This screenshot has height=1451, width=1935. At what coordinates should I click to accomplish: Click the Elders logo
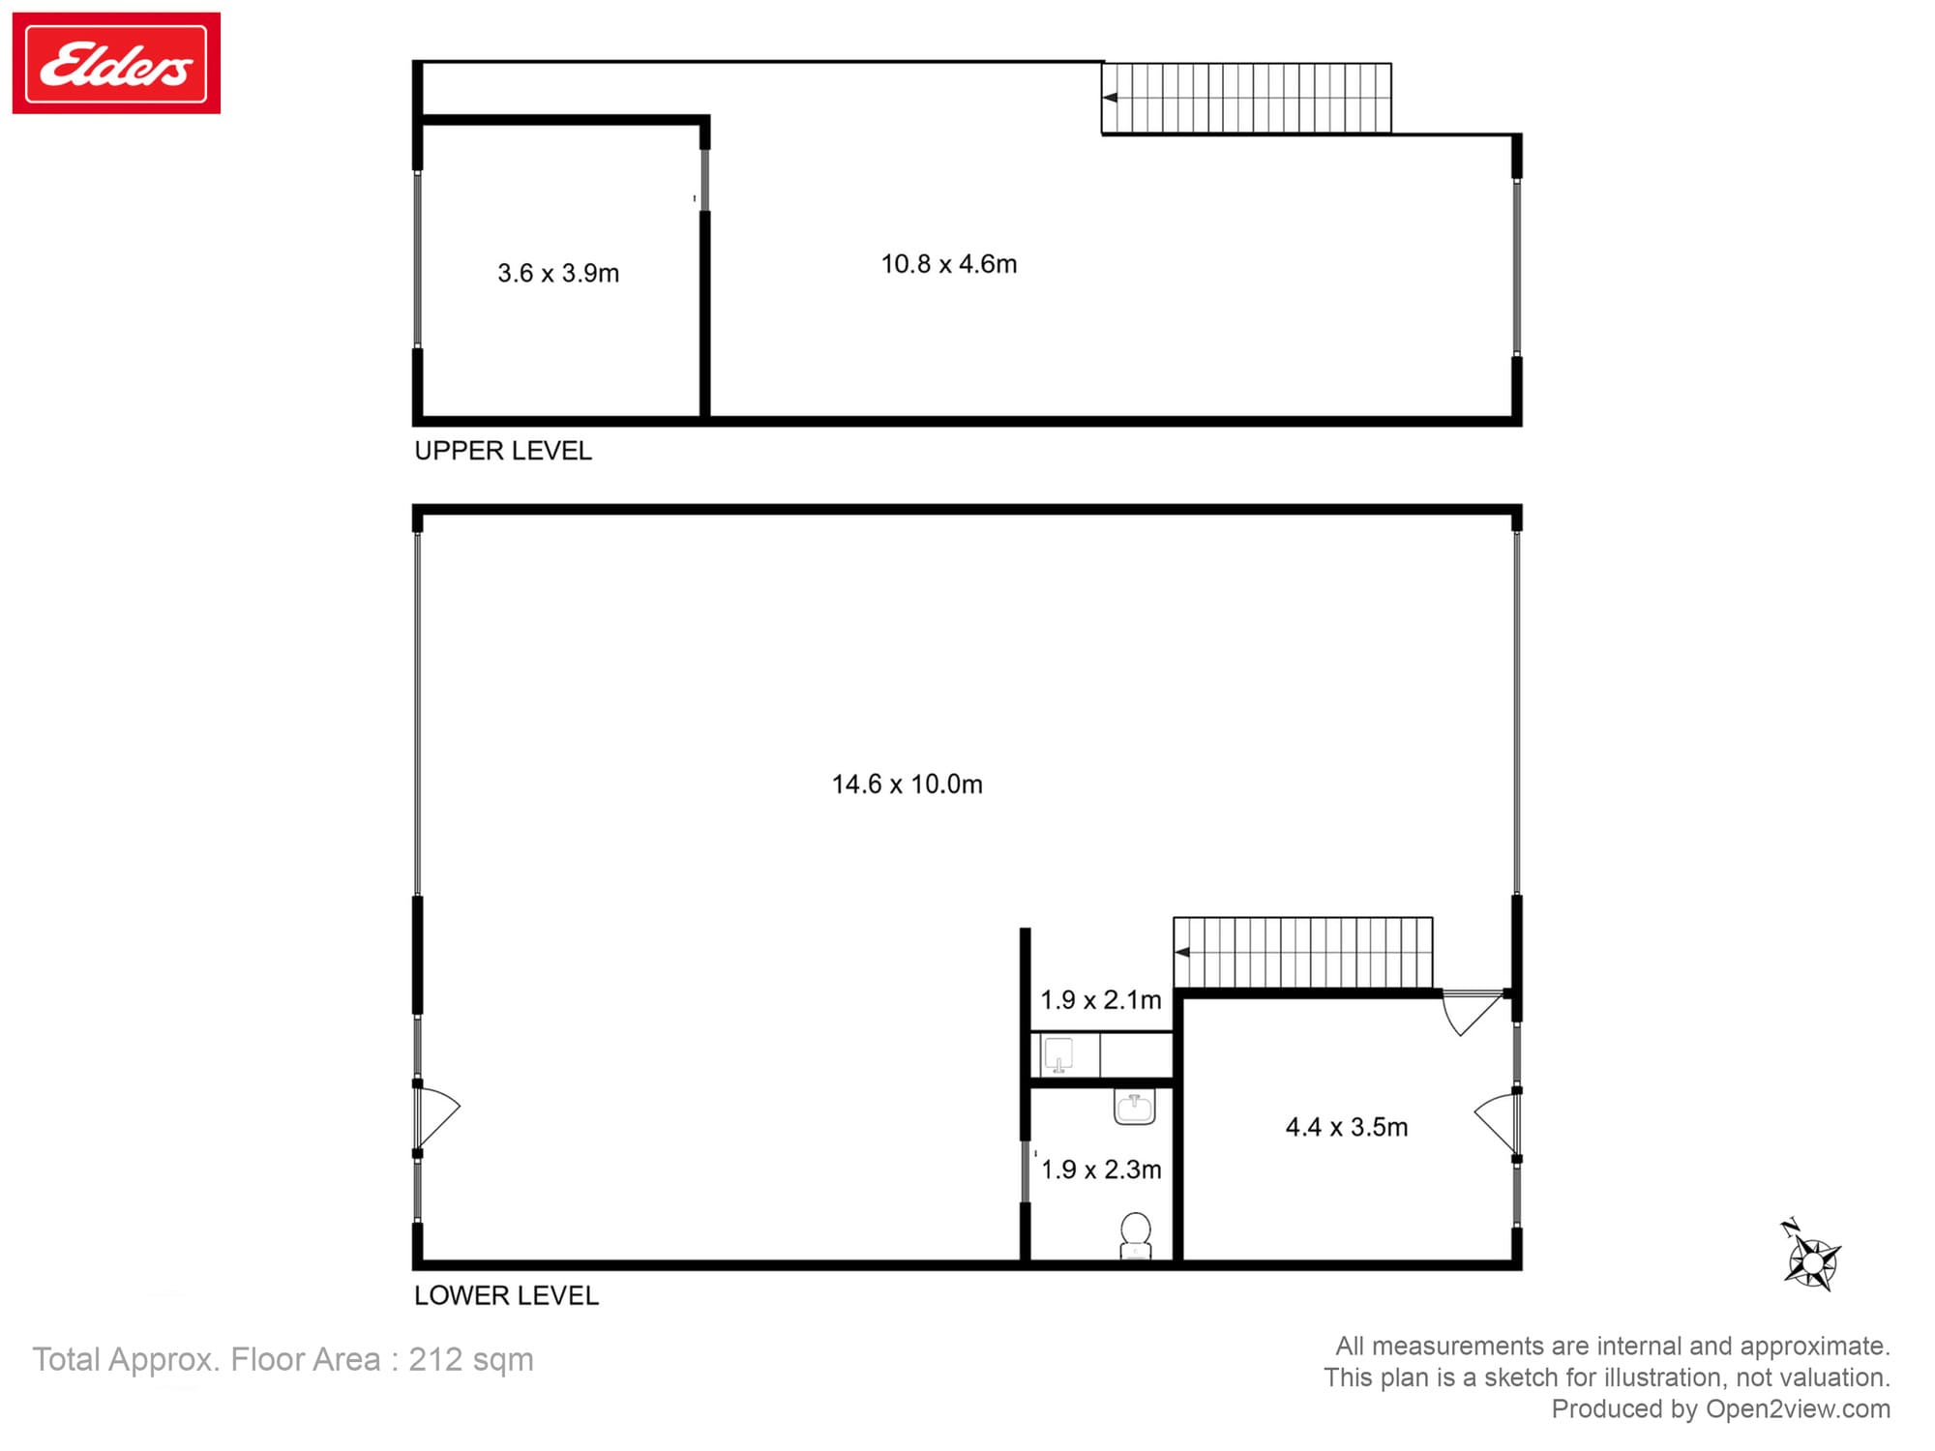click(x=116, y=63)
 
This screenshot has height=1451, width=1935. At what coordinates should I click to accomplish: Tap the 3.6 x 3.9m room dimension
click(x=558, y=274)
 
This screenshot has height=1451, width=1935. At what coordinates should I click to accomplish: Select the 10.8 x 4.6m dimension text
click(x=948, y=264)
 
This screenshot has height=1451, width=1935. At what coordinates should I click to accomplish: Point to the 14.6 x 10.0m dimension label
click(x=907, y=785)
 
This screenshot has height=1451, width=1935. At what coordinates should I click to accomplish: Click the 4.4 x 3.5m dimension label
click(x=1346, y=1127)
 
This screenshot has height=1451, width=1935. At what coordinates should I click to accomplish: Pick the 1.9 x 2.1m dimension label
click(x=1100, y=1000)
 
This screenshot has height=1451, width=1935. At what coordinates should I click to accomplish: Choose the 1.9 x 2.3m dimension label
click(x=1101, y=1170)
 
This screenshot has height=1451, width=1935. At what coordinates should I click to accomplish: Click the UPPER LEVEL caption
click(x=503, y=451)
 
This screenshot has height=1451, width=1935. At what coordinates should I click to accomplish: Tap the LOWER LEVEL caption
click(x=506, y=1295)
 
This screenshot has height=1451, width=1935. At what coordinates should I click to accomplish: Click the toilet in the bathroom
click(x=1136, y=1235)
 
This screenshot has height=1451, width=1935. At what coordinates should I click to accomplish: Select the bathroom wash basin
click(x=1135, y=1108)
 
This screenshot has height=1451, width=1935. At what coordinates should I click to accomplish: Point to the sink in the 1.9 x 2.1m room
click(x=1058, y=1055)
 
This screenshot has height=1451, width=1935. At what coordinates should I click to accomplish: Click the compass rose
click(x=1811, y=1259)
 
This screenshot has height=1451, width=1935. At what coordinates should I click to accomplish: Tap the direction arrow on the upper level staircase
click(x=1110, y=98)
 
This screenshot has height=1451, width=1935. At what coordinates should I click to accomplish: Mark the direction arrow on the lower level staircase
click(x=1181, y=953)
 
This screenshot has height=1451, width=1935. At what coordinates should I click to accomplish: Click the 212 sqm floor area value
click(x=470, y=1360)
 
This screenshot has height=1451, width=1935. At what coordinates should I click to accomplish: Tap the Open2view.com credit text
click(x=1798, y=1409)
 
